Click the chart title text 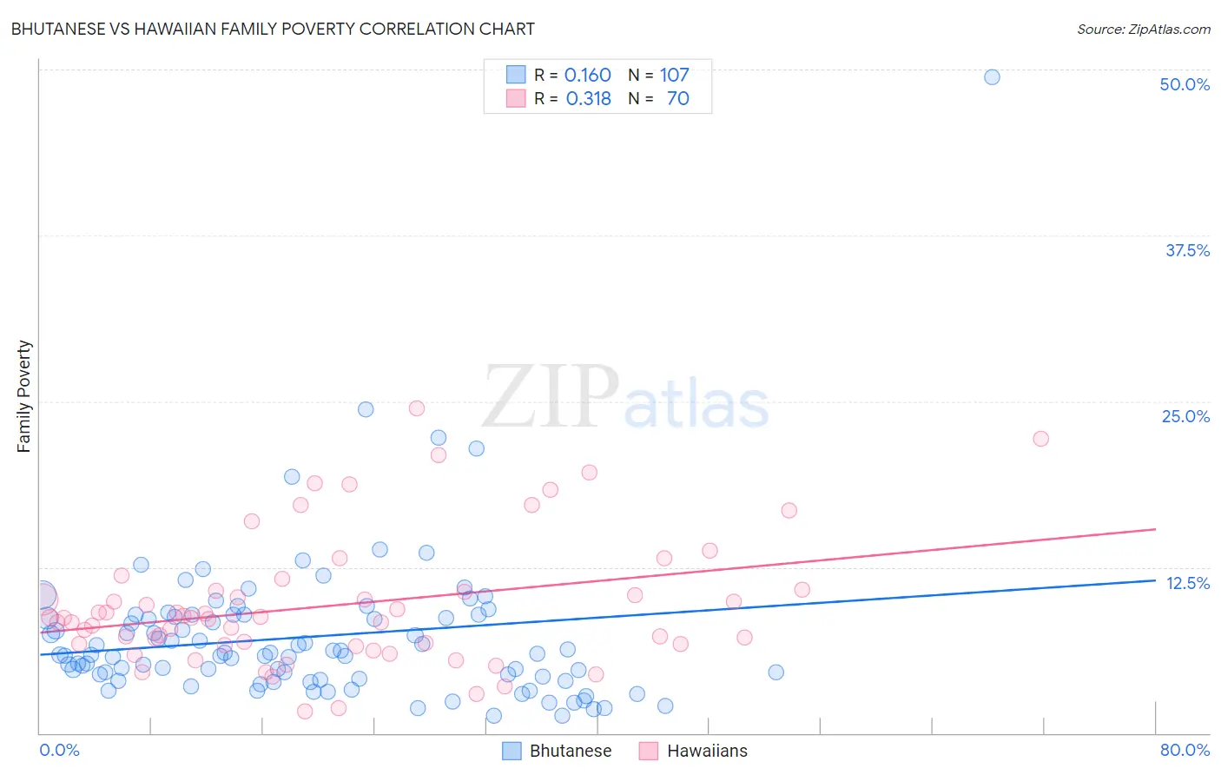point(273,29)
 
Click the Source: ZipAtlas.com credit point(1143,29)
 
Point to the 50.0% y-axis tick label point(1185,84)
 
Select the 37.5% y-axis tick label point(1187,250)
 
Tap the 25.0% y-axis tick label point(1185,416)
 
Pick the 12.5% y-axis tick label point(1187,583)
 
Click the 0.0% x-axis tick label point(59,750)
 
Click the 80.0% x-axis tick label point(1185,750)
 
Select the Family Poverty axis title point(24,396)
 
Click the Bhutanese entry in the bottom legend point(571,751)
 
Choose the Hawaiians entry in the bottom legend point(707,751)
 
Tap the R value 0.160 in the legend point(588,75)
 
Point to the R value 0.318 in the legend point(589,98)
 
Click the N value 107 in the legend point(674,75)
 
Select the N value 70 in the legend point(677,98)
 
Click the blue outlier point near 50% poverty point(992,76)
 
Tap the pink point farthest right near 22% point(1040,439)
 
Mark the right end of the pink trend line point(1156,529)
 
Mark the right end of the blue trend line point(1156,580)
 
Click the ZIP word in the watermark point(551,397)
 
